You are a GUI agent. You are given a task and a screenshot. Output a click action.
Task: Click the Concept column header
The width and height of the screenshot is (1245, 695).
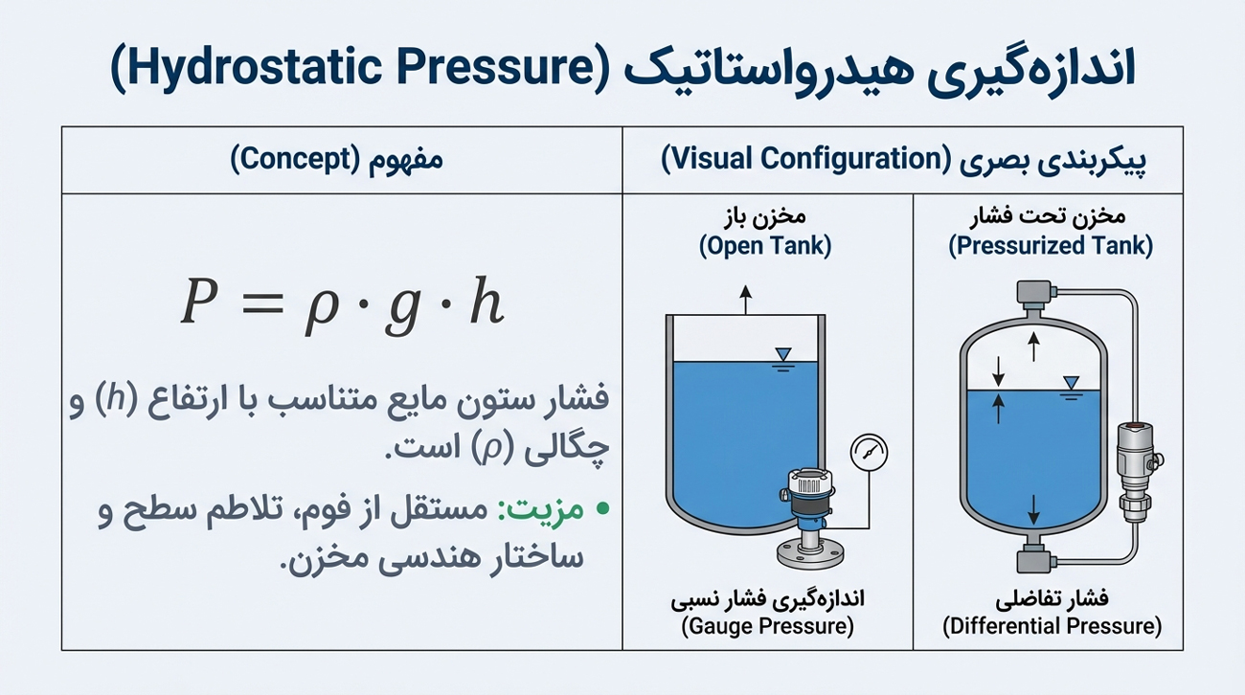[x=336, y=160]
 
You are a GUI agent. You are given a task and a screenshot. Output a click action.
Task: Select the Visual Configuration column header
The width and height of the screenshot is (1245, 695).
[x=903, y=160]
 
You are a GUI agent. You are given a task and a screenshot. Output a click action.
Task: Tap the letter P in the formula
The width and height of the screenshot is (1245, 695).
[x=199, y=301]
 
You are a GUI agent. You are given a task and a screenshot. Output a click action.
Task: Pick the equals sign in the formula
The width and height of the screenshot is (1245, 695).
[x=263, y=303]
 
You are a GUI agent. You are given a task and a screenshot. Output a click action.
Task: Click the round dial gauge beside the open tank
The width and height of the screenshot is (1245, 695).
[x=869, y=452]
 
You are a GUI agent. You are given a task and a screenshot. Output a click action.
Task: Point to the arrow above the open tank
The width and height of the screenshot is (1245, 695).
[x=746, y=300]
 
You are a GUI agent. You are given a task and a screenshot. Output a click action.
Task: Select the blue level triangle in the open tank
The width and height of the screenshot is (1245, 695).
[x=783, y=354]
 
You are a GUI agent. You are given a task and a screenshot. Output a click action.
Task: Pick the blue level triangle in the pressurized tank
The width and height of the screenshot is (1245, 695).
[x=1071, y=383]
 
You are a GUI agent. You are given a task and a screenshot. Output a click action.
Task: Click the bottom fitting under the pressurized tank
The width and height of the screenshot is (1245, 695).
[x=1034, y=562]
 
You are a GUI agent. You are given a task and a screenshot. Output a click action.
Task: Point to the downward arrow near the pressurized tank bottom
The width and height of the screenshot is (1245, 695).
[x=1033, y=509]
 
